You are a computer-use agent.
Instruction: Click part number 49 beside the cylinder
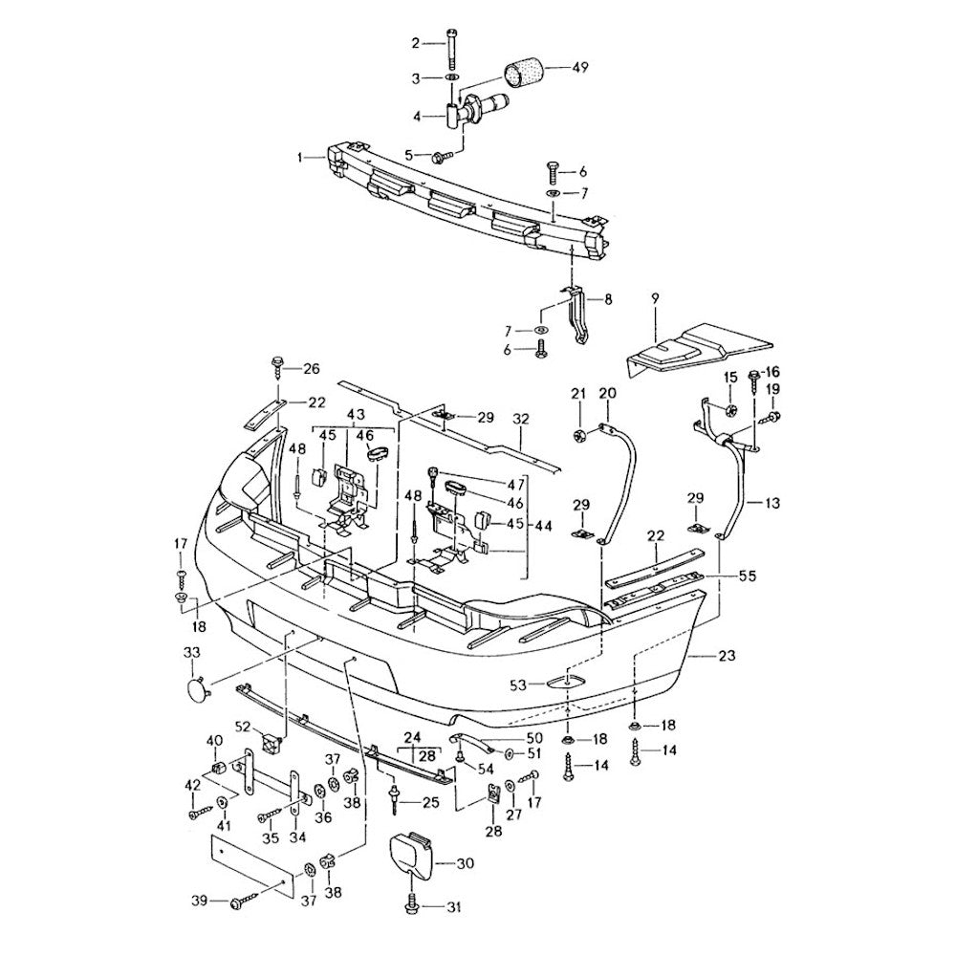pos(580,68)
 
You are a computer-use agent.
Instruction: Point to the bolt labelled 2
pos(450,43)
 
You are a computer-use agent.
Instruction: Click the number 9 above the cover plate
pos(656,298)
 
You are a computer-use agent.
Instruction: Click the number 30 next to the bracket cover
pos(465,863)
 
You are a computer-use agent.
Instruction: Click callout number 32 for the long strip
pos(520,419)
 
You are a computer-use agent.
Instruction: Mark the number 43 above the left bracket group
pos(356,414)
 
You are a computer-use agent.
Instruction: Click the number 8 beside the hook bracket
pos(608,299)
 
